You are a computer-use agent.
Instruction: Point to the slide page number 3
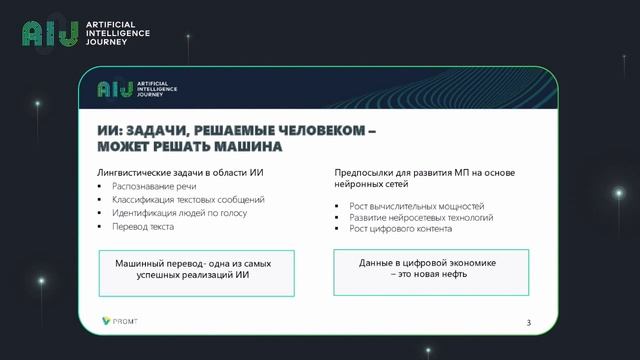point(529,322)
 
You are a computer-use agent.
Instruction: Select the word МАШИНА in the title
point(245,147)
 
